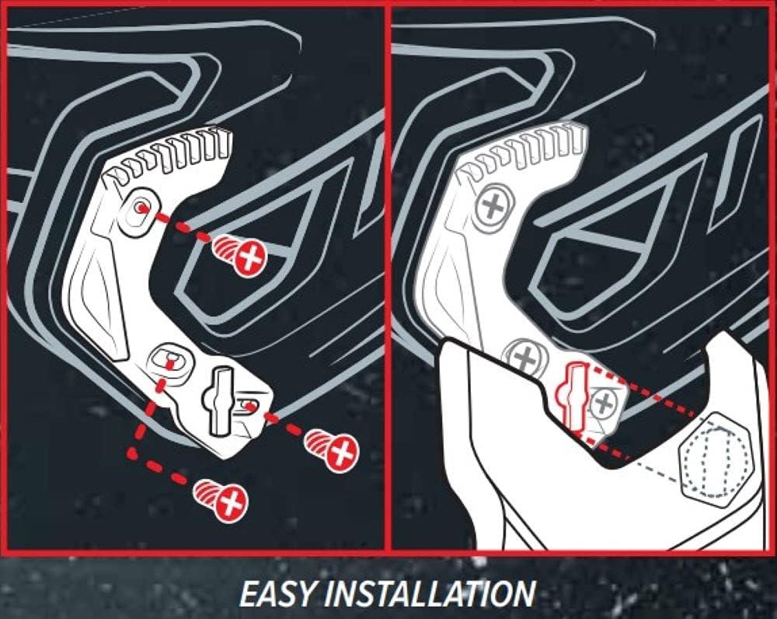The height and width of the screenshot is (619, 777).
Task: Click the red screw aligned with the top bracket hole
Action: [x=241, y=255]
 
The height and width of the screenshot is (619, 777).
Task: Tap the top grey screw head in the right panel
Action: [x=493, y=206]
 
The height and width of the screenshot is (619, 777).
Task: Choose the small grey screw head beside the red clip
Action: [x=604, y=404]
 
